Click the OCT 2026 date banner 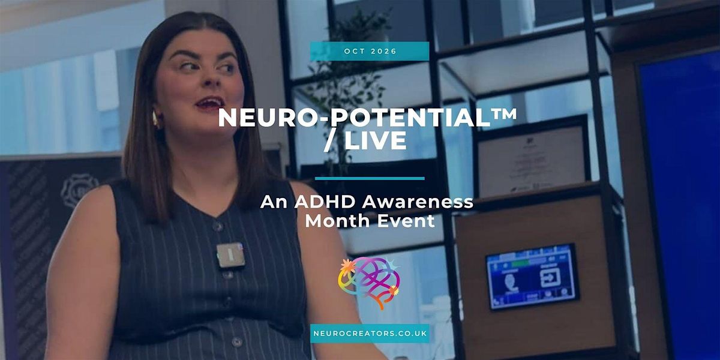(x=370, y=51)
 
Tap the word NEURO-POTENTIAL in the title (x=355, y=118)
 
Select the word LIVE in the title (x=376, y=140)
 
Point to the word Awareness (x=418, y=202)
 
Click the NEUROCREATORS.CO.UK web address (x=370, y=334)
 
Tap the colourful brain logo (x=368, y=283)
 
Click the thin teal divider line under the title (x=370, y=178)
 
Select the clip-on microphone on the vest (x=230, y=255)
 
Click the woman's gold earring (x=155, y=119)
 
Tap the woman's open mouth (x=209, y=103)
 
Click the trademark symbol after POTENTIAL (x=505, y=114)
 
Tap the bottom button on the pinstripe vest (x=237, y=342)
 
